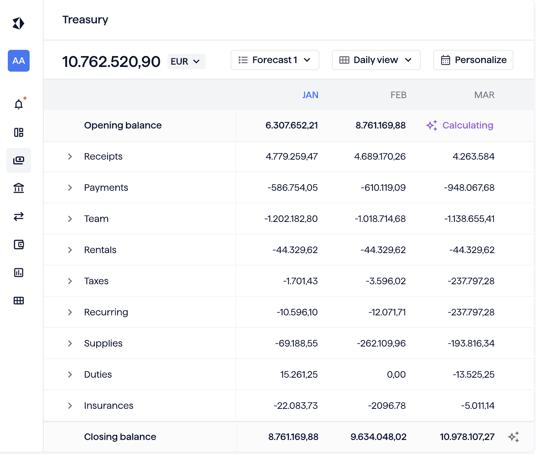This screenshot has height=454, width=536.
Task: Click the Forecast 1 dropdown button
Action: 275,60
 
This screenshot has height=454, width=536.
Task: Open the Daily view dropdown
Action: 376,60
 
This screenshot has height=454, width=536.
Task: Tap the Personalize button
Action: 473,60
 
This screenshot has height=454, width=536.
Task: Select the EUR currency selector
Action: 186,62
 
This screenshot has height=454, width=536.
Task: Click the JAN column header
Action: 310,95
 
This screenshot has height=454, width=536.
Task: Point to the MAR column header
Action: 484,95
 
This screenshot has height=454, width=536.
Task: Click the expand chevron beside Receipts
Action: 70,157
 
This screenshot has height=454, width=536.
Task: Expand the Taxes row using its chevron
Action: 70,281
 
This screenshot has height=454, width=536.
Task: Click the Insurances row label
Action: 109,406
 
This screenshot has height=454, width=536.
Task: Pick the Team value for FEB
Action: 380,219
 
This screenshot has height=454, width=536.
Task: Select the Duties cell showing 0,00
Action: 396,375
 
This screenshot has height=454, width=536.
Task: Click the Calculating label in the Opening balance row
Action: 467,125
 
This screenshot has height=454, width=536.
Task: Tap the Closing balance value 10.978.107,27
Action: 467,437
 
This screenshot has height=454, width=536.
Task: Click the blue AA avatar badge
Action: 19,61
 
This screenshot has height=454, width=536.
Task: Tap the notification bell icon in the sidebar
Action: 19,104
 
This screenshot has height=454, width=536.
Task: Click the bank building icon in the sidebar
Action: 19,188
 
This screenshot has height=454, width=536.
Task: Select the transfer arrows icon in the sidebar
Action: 19,216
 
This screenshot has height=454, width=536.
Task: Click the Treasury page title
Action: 85,19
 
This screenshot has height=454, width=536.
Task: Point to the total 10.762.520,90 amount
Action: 111,62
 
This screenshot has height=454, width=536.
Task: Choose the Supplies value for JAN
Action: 296,343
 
